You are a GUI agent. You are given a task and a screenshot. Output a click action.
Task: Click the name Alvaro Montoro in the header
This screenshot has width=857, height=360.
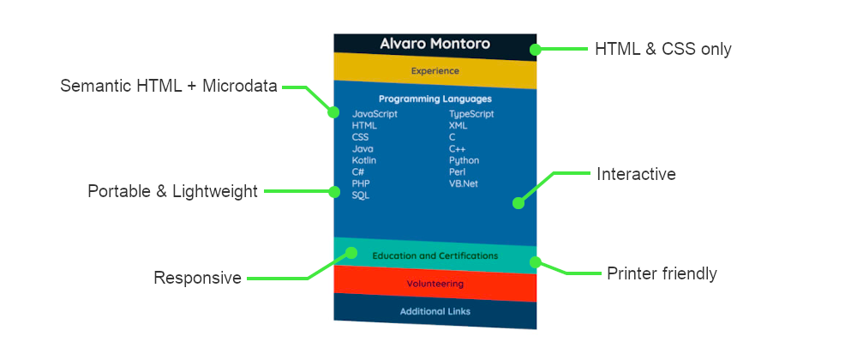click(x=436, y=44)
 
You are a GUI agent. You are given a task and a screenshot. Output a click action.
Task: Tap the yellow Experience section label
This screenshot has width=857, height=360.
click(x=435, y=71)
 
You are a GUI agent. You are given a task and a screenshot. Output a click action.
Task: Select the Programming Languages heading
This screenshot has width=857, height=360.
click(x=435, y=99)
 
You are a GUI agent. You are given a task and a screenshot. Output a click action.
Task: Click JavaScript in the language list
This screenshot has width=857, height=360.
click(x=375, y=114)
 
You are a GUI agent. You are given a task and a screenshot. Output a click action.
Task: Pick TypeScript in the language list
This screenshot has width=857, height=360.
click(x=471, y=114)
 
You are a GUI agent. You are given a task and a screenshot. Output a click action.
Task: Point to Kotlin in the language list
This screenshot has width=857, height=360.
click(x=364, y=160)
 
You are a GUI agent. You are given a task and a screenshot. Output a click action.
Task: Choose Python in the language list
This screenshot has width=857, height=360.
click(x=464, y=160)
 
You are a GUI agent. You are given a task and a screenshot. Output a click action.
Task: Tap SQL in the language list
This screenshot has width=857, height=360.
click(x=361, y=195)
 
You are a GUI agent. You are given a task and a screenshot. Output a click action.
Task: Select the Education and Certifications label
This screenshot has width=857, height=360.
click(x=435, y=255)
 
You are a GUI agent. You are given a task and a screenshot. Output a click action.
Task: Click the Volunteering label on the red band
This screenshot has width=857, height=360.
click(x=435, y=284)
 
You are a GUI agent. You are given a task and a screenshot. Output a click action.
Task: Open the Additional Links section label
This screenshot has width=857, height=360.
click(x=435, y=311)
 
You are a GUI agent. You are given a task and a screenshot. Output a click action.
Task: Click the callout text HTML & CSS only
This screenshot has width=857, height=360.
click(x=663, y=49)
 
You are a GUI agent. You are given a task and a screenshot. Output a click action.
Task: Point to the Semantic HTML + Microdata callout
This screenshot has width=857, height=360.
click(x=169, y=87)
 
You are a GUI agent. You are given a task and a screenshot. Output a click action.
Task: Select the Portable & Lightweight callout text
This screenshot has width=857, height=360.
click(x=172, y=191)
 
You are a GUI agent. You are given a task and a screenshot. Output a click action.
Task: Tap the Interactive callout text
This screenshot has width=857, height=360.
click(x=636, y=175)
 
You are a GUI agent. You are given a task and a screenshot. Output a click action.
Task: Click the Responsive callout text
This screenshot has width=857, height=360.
click(x=197, y=278)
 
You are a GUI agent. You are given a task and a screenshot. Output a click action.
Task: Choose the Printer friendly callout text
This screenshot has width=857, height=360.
click(x=662, y=274)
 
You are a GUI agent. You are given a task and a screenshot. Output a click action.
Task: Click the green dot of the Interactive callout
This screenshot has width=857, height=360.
click(x=518, y=203)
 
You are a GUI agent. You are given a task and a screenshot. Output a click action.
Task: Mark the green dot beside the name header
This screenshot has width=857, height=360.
click(x=535, y=50)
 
